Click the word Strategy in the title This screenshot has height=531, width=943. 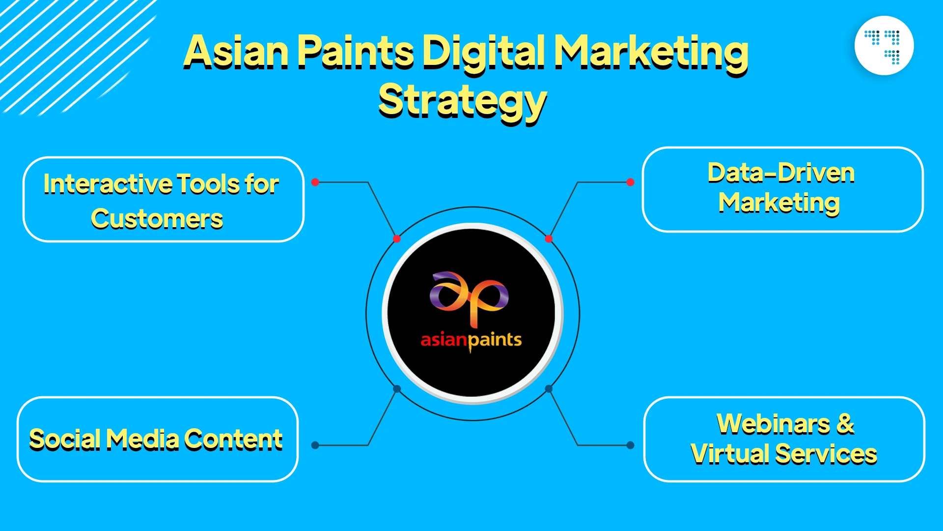pyautogui.click(x=463, y=101)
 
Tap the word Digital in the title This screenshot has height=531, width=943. pyautogui.click(x=483, y=51)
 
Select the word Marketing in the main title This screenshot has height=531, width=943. pyautogui.click(x=651, y=52)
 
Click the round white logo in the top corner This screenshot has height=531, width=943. pyautogui.click(x=884, y=45)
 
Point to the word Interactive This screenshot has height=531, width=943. pyautogui.click(x=108, y=184)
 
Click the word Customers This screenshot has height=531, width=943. pyautogui.click(x=157, y=219)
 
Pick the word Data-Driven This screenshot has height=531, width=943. pyautogui.click(x=781, y=173)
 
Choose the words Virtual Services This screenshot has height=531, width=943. pyautogui.click(x=784, y=454)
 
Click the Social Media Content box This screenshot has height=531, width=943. pyautogui.click(x=157, y=439)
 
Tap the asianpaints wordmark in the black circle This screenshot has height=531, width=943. pyautogui.click(x=471, y=340)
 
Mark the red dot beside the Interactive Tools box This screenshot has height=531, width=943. pyautogui.click(x=315, y=182)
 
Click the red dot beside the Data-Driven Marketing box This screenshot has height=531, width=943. pyautogui.click(x=630, y=182)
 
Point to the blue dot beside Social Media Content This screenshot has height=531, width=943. pyautogui.click(x=315, y=445)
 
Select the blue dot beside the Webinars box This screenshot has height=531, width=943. pyautogui.click(x=630, y=445)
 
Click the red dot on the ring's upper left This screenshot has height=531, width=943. pyautogui.click(x=397, y=239)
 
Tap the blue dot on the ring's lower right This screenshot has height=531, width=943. pyautogui.click(x=549, y=389)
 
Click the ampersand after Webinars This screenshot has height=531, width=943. pyautogui.click(x=845, y=424)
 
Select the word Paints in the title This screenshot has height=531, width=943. pyautogui.click(x=356, y=51)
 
